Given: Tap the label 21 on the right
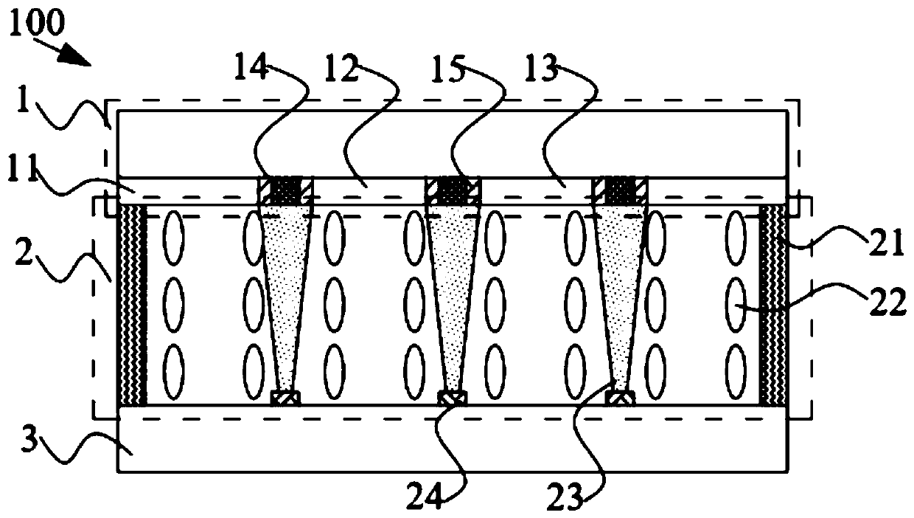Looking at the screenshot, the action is click(x=887, y=244).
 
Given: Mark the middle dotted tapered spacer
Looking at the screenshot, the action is click(x=453, y=295).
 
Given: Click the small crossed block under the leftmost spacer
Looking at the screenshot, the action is click(x=285, y=398).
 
